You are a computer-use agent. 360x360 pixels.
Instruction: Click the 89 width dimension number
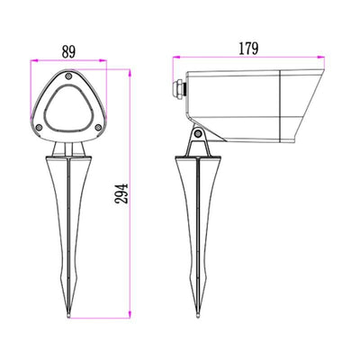(x=68, y=51)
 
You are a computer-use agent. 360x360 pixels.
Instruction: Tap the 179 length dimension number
(x=249, y=49)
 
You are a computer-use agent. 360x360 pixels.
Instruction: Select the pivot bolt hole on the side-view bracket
(x=196, y=135)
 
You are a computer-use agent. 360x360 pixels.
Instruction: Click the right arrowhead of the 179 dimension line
(x=325, y=60)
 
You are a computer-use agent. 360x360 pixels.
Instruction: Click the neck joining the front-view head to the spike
(x=69, y=147)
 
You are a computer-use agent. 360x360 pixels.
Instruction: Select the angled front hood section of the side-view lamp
(x=301, y=103)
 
